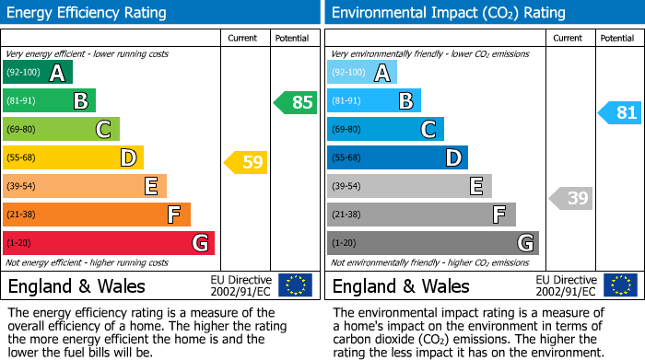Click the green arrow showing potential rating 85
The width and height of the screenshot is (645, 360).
pos(296,102)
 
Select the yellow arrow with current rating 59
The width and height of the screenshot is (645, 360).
pos(246,163)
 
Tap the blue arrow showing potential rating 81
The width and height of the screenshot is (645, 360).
pos(620,112)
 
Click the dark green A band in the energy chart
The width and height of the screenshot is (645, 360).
pos(38,73)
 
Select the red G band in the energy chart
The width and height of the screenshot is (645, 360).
pos(109,243)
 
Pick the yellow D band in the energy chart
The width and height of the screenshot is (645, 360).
pos(73,157)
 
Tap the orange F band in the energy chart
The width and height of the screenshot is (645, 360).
pos(97,215)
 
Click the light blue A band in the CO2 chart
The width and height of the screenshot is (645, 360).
pos(362,73)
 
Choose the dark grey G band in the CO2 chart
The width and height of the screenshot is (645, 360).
pos(432,243)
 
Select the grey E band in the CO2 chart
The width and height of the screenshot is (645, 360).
pos(409,186)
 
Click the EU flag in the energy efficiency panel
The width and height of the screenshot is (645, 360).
pos(295,285)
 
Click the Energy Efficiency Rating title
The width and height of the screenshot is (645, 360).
pos(88,13)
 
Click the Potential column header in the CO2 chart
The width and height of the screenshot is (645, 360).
pos(617,38)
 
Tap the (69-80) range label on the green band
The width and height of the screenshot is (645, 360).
pos(22,130)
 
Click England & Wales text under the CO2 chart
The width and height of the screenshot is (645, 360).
pos(401,285)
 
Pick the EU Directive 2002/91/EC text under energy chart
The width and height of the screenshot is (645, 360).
pos(240,285)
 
